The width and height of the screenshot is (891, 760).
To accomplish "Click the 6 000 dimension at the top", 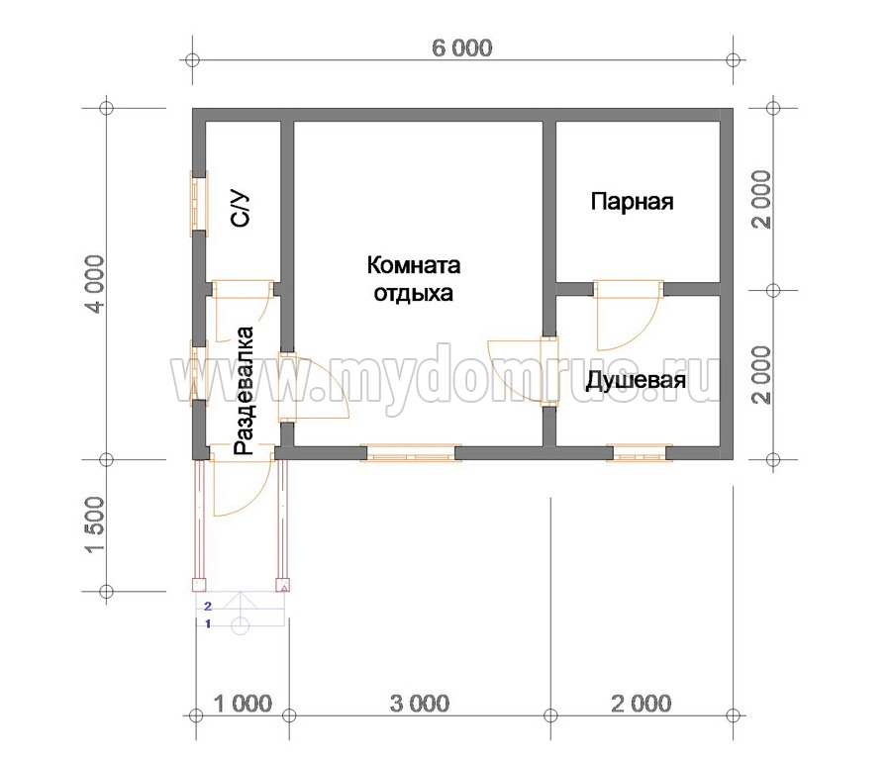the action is pyautogui.click(x=462, y=47).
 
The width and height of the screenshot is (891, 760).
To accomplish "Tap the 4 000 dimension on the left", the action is pyautogui.click(x=94, y=283).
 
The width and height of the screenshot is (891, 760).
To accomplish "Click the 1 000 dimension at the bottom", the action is pyautogui.click(x=243, y=704).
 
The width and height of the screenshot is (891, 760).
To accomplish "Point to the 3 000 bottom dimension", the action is pyautogui.click(x=420, y=704).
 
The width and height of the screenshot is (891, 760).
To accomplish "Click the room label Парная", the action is pyautogui.click(x=632, y=201).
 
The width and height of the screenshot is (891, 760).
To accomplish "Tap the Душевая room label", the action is pyautogui.click(x=636, y=380).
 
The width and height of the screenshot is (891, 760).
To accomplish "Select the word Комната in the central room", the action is pyautogui.click(x=413, y=265).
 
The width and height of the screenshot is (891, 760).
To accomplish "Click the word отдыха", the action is pyautogui.click(x=413, y=294).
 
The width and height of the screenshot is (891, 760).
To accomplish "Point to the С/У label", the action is pyautogui.click(x=241, y=209).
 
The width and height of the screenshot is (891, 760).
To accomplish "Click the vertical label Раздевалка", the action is pyautogui.click(x=244, y=390).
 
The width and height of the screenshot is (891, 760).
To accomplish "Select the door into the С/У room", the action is pyautogui.click(x=243, y=310).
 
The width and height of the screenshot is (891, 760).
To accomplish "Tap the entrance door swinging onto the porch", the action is pyautogui.click(x=243, y=481).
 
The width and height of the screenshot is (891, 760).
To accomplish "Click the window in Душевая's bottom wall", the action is pyautogui.click(x=640, y=453).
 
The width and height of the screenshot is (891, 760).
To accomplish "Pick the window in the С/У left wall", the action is pyautogui.click(x=199, y=204).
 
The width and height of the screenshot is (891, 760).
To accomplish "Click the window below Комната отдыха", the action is pyautogui.click(x=411, y=452).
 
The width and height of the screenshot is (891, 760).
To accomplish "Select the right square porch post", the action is pyautogui.click(x=282, y=585).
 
